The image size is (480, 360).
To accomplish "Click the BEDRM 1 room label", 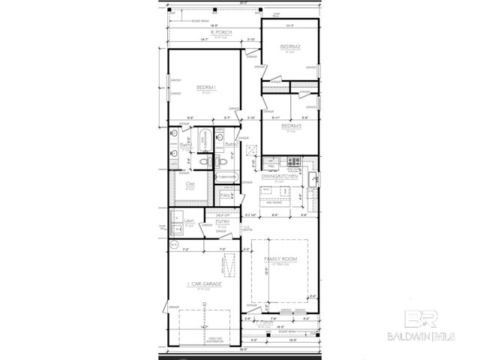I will [205, 88].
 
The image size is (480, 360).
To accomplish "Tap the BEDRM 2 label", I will [290, 47].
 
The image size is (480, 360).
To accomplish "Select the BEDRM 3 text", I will [292, 125].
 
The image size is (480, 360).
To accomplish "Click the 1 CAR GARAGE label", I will [202, 284].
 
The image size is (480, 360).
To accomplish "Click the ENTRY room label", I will [223, 222].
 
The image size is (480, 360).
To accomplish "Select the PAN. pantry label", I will [224, 195].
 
